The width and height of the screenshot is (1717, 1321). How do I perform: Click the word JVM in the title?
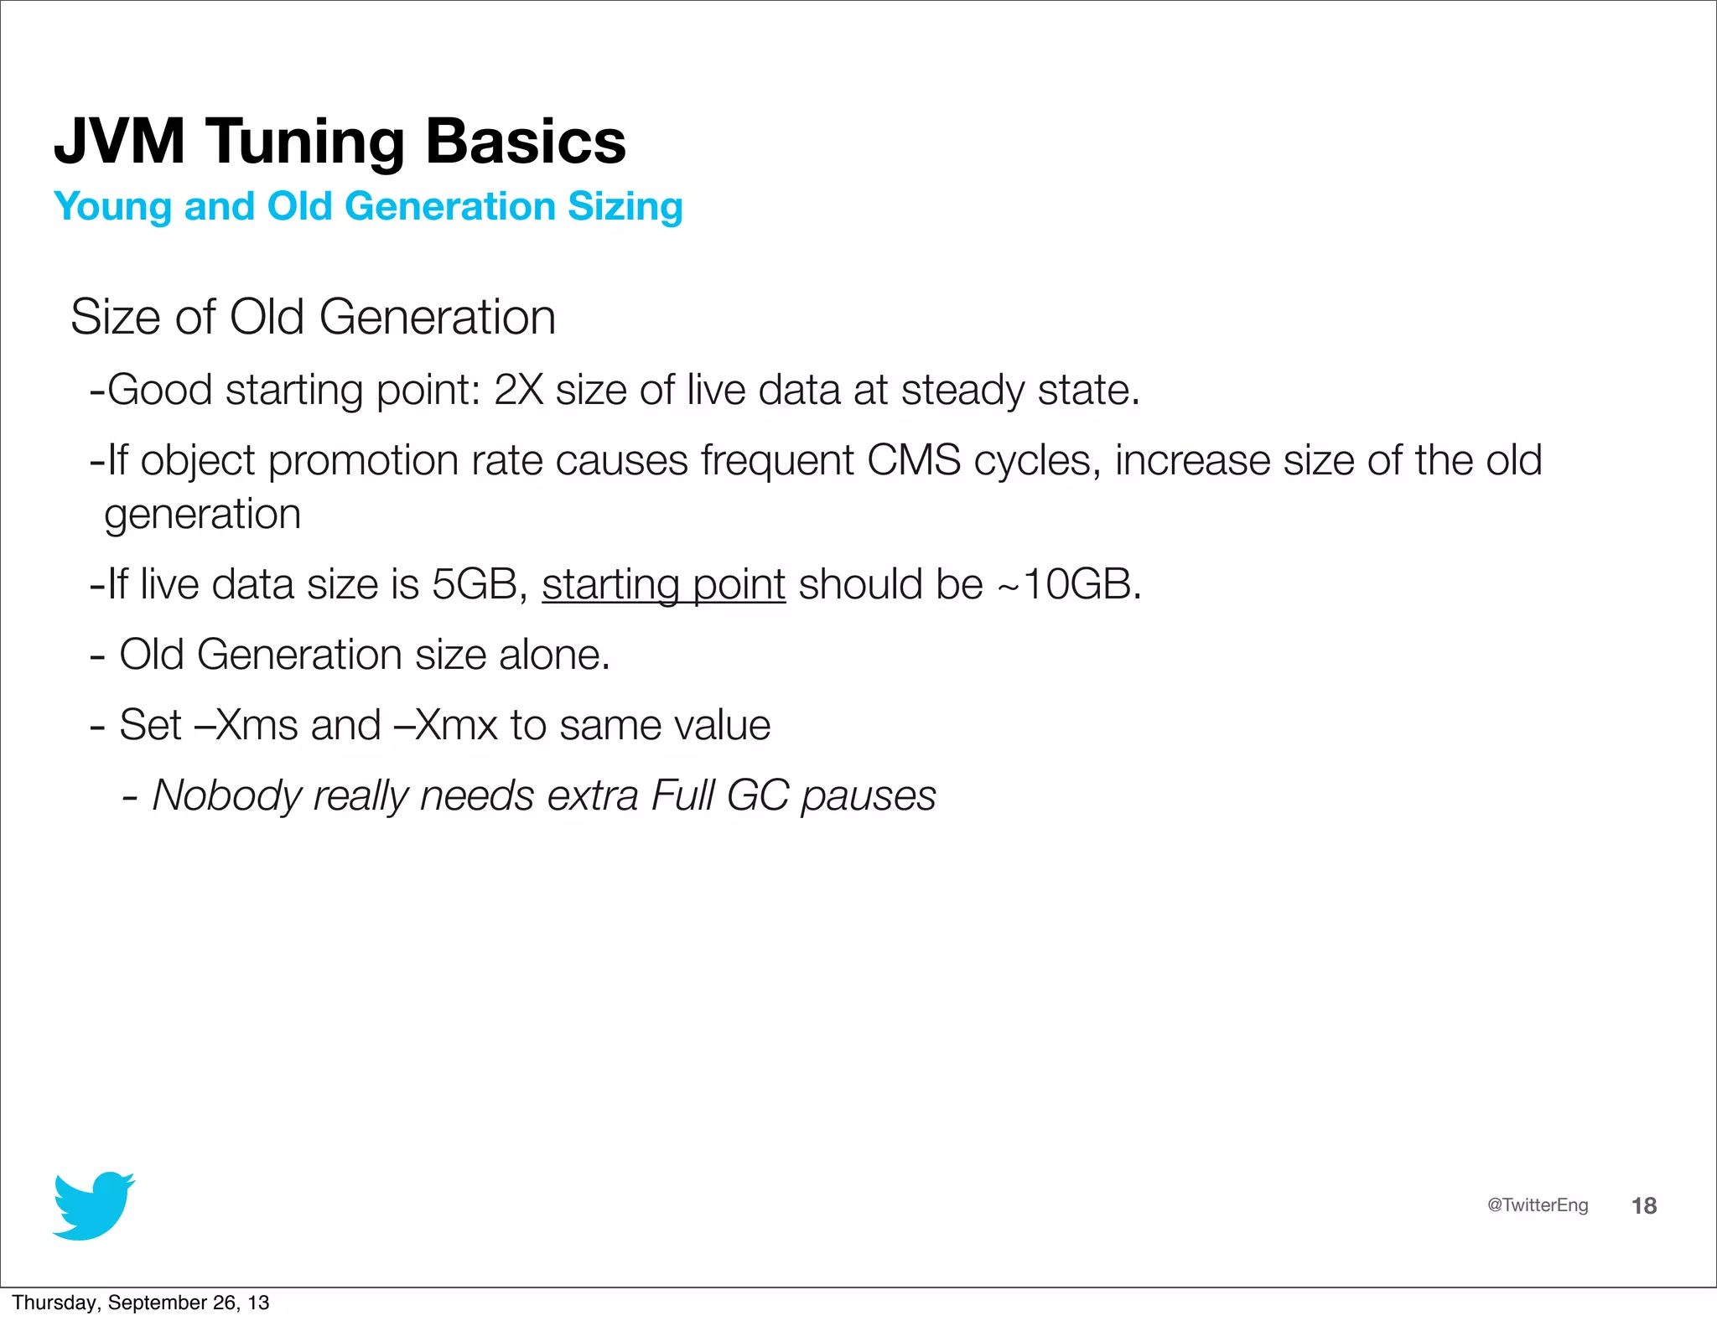point(119,141)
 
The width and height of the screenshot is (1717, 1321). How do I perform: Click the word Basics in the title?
point(526,141)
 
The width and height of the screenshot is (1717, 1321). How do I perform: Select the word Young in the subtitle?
point(112,207)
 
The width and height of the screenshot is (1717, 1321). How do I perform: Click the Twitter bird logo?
point(93,1205)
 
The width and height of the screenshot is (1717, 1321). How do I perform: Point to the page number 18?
point(1643,1205)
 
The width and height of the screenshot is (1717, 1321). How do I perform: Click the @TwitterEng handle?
point(1537,1204)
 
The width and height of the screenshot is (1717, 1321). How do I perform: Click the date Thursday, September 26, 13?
point(140,1303)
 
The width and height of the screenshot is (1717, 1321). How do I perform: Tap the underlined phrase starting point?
point(663,584)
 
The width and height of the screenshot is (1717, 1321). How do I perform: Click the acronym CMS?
point(913,460)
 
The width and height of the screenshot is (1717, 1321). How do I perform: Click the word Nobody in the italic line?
point(226,795)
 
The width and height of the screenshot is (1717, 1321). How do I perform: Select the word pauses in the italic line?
point(868,795)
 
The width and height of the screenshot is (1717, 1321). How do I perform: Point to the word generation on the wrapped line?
point(202,514)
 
